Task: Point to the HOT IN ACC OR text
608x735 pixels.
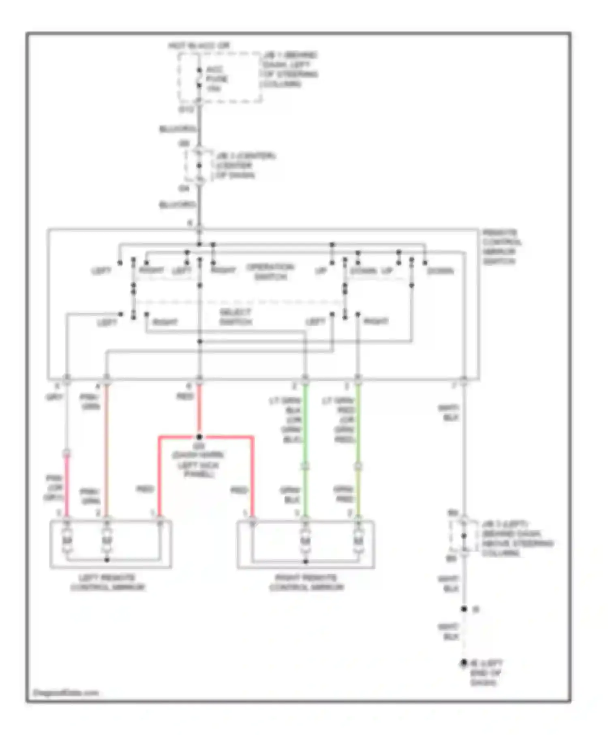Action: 199,46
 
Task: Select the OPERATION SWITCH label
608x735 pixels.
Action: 270,272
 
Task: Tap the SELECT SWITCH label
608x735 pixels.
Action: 235,317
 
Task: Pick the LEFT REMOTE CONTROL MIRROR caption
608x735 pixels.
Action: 107,582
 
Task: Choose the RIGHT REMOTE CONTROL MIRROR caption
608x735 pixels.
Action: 306,582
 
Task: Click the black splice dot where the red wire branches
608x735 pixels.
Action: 199,437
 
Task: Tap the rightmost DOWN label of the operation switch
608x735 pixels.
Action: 440,271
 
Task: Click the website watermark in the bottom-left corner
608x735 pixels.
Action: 66,692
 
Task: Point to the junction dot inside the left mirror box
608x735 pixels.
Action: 107,560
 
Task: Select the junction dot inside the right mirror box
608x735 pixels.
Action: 306,562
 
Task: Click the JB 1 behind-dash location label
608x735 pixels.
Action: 289,69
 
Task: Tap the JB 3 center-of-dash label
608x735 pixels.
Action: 245,165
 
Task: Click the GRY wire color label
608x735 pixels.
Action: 54,397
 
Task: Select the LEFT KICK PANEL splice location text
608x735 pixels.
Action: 198,465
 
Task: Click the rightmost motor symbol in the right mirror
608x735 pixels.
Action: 358,541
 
